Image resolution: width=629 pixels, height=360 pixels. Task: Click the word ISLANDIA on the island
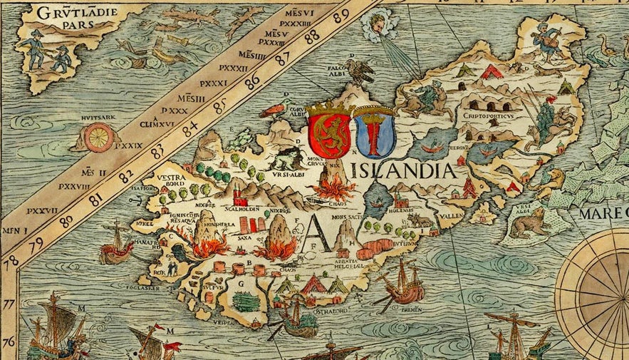[403, 170]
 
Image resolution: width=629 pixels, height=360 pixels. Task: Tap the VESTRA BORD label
[172, 180]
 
